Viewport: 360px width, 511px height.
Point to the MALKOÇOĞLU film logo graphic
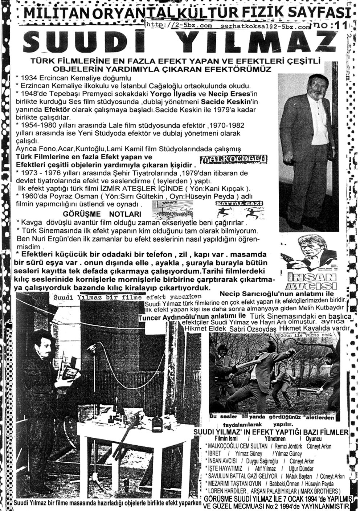point(234,159)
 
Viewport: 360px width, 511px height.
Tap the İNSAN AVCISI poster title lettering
point(310,279)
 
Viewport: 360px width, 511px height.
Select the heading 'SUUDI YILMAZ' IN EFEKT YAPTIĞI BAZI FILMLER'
point(271,432)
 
